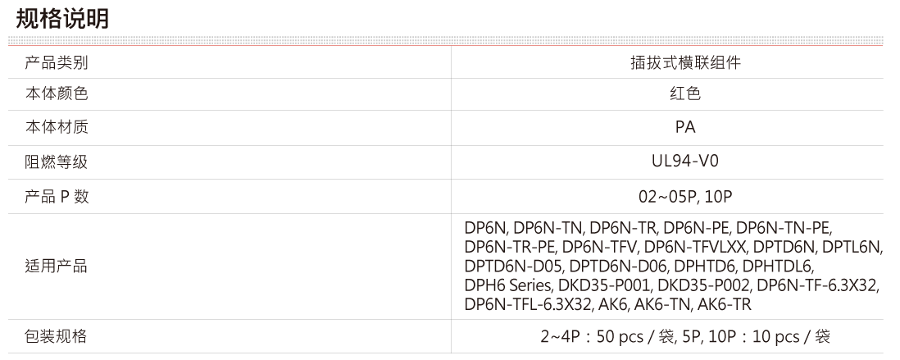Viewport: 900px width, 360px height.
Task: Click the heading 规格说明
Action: (62, 19)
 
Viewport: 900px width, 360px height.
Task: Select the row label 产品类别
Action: (57, 62)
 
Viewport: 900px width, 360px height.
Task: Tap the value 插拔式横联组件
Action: (685, 62)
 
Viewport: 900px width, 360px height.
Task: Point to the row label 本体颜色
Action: (57, 93)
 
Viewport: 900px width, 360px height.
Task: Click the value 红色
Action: (685, 93)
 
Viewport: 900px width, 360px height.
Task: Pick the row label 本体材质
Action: (57, 127)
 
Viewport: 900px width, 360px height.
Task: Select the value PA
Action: (685, 127)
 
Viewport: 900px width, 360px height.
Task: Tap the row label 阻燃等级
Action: (57, 162)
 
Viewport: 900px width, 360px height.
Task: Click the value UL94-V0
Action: (685, 162)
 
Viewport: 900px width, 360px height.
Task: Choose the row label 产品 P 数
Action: (57, 196)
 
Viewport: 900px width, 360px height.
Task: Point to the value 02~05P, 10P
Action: (685, 197)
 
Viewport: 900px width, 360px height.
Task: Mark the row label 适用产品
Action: (57, 267)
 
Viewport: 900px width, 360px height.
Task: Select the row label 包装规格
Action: (57, 336)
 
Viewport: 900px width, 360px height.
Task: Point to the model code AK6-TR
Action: (725, 303)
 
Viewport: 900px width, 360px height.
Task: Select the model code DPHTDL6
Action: (779, 266)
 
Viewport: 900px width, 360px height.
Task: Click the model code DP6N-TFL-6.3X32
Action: (528, 303)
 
